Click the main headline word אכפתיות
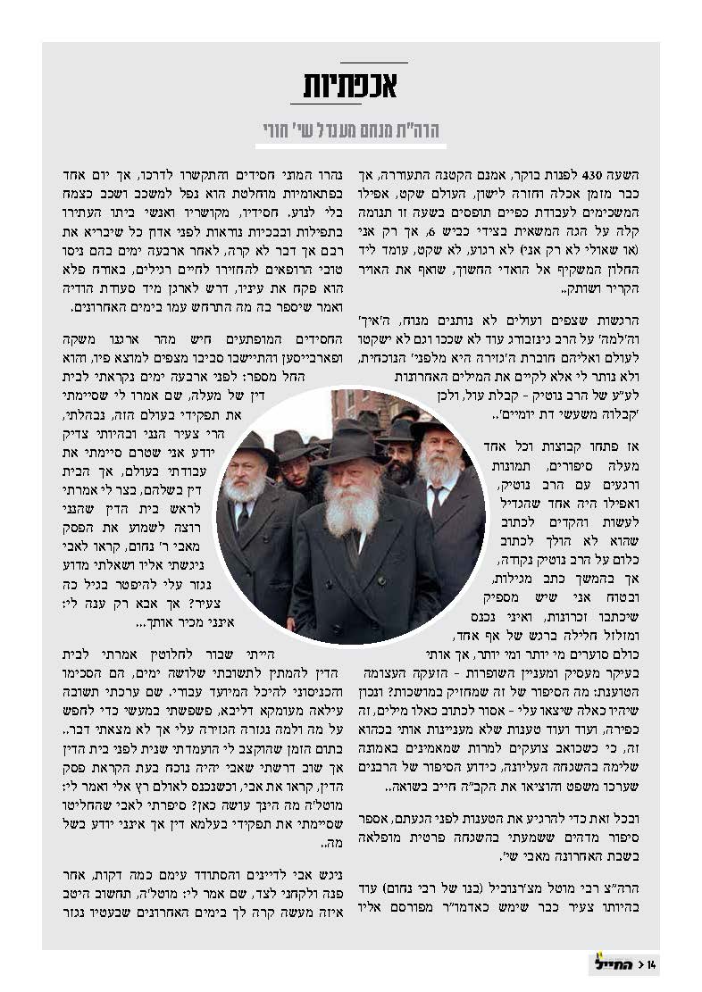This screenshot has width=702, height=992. (x=352, y=88)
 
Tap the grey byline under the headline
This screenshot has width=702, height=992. (x=352, y=130)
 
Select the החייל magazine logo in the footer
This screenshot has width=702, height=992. (x=609, y=963)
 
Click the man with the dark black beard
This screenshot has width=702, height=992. (x=401, y=464)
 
